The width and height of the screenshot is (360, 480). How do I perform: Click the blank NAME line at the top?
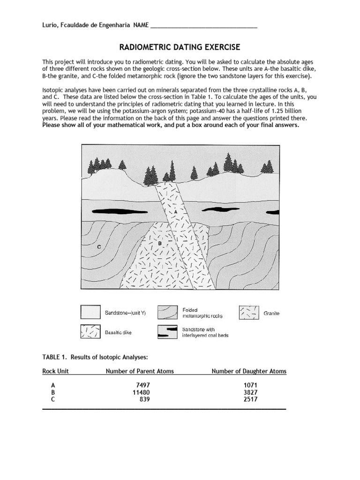(x=203, y=26)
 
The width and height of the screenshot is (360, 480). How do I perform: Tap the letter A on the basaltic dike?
(x=176, y=211)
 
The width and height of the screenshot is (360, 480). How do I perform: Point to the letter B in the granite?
(x=159, y=243)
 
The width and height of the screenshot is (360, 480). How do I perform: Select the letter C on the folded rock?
(x=99, y=247)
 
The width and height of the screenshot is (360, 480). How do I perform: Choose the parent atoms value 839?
(x=145, y=399)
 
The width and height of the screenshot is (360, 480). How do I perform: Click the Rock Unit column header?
(x=55, y=371)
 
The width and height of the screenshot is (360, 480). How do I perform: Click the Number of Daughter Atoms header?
(x=249, y=371)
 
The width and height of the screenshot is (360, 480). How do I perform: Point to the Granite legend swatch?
(x=249, y=313)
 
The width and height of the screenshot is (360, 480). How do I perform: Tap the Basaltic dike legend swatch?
(x=90, y=332)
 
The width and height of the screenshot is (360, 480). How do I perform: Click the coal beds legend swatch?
(x=167, y=332)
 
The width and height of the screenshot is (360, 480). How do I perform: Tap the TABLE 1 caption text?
(x=95, y=357)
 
